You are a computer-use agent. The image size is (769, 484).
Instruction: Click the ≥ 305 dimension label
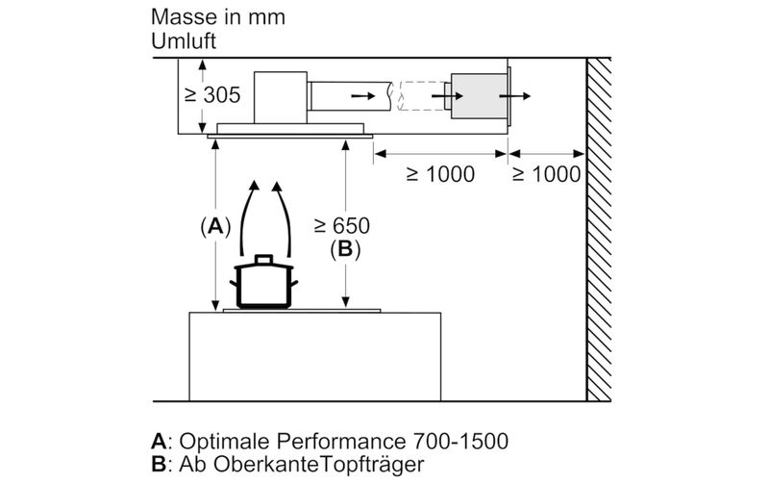pyautogui.click(x=212, y=94)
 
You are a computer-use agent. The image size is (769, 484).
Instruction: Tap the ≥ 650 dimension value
pyautogui.click(x=342, y=226)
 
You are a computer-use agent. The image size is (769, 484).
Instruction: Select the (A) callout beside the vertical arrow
pyautogui.click(x=215, y=227)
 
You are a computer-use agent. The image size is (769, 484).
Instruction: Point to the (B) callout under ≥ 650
pyautogui.click(x=345, y=249)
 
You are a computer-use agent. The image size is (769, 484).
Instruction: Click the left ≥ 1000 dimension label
pyautogui.click(x=440, y=174)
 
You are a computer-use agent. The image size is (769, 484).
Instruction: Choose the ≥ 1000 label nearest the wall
pyautogui.click(x=546, y=174)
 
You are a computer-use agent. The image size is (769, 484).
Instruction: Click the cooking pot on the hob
pyautogui.click(x=263, y=281)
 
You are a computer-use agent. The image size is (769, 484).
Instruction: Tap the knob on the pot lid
pyautogui.click(x=263, y=259)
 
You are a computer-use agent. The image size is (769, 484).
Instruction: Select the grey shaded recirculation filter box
pyautogui.click(x=479, y=96)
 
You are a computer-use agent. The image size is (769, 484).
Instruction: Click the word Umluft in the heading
pyautogui.click(x=184, y=40)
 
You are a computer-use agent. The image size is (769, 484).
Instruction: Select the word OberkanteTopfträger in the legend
pyautogui.click(x=319, y=464)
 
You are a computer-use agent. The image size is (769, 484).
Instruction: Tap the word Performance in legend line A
pyautogui.click(x=341, y=441)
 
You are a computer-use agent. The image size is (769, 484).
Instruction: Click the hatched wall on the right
pyautogui.click(x=599, y=229)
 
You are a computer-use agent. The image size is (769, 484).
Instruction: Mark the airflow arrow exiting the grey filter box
pyautogui.click(x=515, y=95)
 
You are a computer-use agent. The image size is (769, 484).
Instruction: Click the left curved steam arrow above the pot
pyautogui.click(x=248, y=218)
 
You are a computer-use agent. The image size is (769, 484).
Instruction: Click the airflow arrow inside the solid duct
pyautogui.click(x=363, y=95)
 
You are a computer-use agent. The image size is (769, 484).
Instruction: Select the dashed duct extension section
pyautogui.click(x=421, y=95)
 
